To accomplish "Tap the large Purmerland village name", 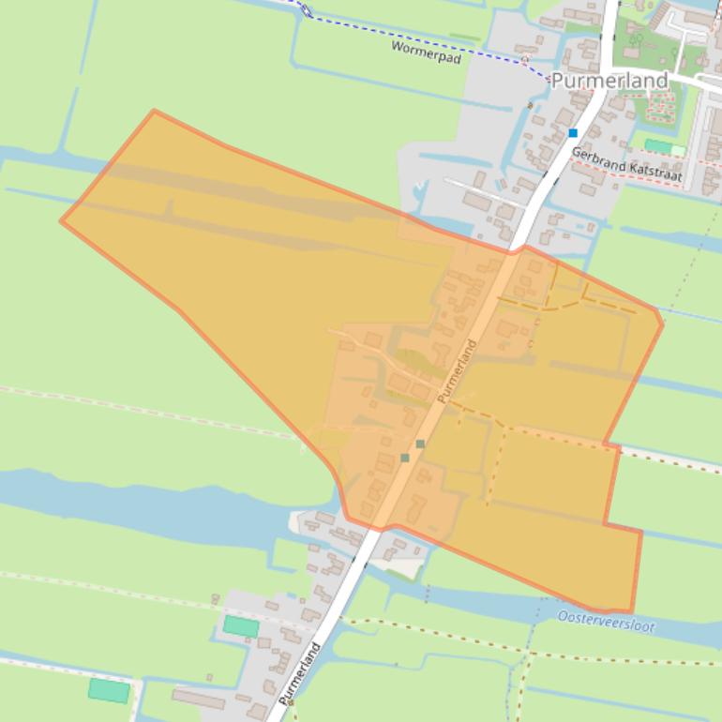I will click(x=609, y=81).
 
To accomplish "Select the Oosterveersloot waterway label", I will click(x=605, y=621).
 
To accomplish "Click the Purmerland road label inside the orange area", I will click(x=457, y=370).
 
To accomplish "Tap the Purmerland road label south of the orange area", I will click(x=298, y=673).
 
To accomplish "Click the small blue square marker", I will click(x=573, y=133).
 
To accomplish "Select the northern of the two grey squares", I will click(x=420, y=444).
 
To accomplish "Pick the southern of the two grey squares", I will click(x=405, y=458).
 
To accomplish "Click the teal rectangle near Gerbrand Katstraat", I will click(x=658, y=146).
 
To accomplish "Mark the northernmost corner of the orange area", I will click(x=154, y=111).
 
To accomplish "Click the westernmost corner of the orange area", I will click(x=62, y=221).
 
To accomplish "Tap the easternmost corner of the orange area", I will click(x=662, y=323).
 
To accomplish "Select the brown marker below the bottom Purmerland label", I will click(x=291, y=701).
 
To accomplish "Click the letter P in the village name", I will click(x=557, y=82).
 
